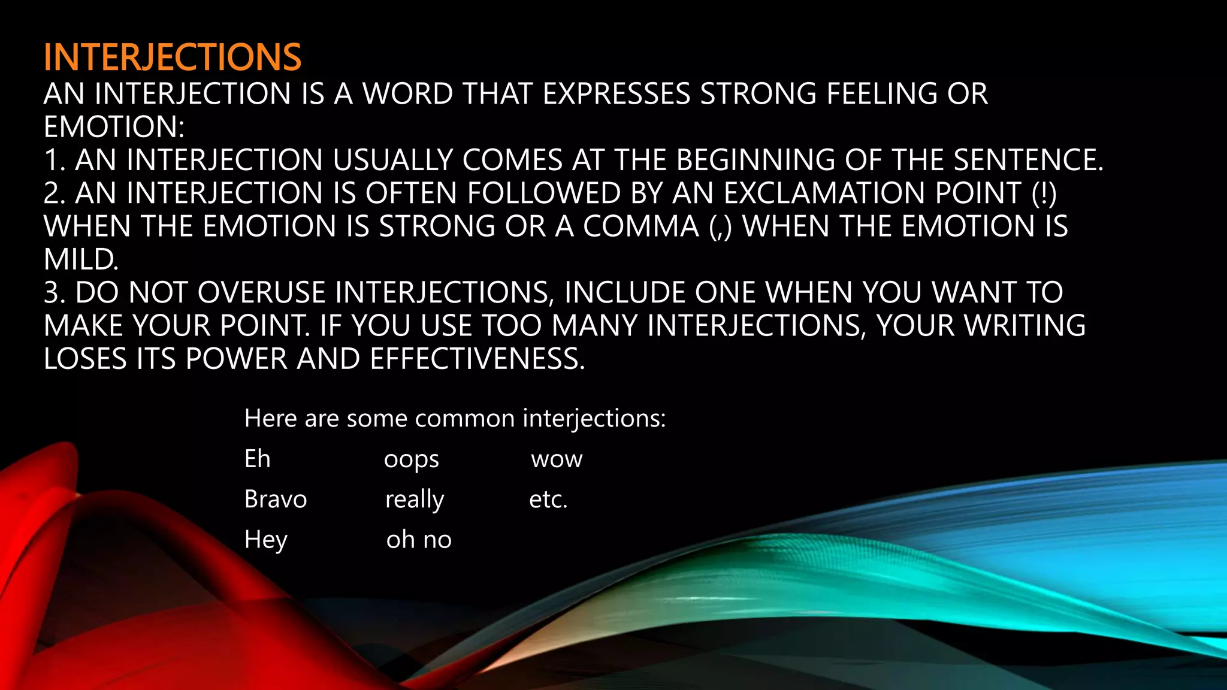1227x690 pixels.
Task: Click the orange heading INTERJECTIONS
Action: [x=173, y=57]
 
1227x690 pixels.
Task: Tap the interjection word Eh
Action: [x=258, y=459]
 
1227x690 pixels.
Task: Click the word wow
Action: [x=557, y=460]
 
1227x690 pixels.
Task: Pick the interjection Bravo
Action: [x=276, y=500]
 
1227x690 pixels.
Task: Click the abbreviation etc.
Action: [x=548, y=500]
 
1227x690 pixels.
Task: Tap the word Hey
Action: [x=266, y=540]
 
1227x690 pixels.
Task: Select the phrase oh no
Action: [x=419, y=540]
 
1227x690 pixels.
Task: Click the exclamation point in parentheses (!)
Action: [x=1044, y=193]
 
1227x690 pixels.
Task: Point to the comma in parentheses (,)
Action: [x=720, y=227]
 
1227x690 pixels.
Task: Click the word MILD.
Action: [x=81, y=260]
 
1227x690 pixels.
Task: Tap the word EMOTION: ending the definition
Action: [x=114, y=127]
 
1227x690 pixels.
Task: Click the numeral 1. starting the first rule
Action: [x=55, y=161]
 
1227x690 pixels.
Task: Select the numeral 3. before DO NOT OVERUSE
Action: [x=55, y=293]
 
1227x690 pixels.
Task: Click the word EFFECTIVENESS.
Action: [x=477, y=359]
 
